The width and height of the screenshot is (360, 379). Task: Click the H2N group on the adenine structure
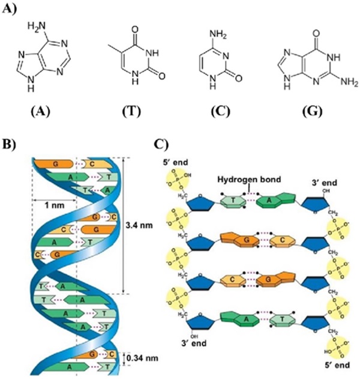click(x=37, y=26)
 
